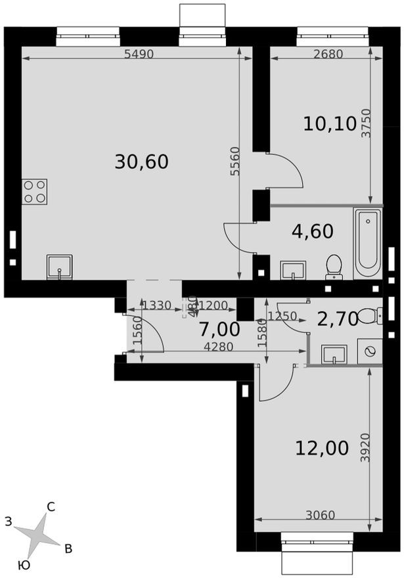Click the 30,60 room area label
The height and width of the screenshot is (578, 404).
point(141,161)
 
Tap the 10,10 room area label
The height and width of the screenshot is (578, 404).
point(329,123)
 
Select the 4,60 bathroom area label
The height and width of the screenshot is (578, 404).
point(312,231)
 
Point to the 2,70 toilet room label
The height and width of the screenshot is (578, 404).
point(337,319)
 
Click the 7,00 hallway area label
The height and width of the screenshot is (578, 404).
point(219,329)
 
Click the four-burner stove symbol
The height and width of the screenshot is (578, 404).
point(35,191)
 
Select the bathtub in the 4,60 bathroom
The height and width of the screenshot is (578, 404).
point(367,243)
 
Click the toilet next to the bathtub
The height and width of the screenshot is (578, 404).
point(334,267)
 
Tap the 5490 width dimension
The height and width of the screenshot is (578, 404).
point(139,55)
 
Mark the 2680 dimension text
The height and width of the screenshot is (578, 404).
point(328,55)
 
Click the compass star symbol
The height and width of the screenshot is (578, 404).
point(39,533)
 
